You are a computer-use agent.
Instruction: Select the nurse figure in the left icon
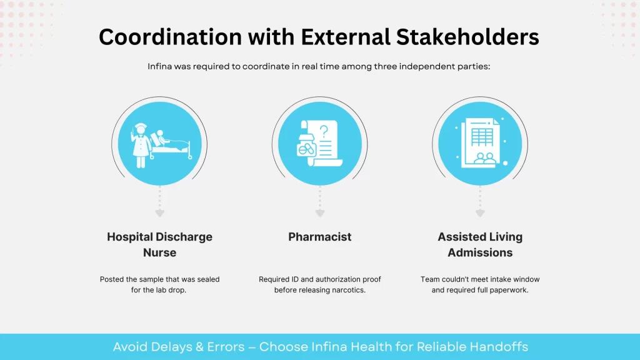pos(141,145)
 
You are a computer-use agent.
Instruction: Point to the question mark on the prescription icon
pos(324,131)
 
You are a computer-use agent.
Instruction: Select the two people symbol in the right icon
pos(484,157)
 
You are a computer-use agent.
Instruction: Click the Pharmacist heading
pos(320,237)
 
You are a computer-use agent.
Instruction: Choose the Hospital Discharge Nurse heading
pos(160,244)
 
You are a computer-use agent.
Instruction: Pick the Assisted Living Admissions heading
pos(480,244)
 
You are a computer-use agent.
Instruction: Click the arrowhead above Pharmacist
pos(320,214)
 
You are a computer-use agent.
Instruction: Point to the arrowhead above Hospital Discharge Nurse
pos(160,214)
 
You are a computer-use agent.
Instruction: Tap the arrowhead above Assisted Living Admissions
pos(480,214)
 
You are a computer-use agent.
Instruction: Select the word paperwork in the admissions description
pos(510,291)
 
